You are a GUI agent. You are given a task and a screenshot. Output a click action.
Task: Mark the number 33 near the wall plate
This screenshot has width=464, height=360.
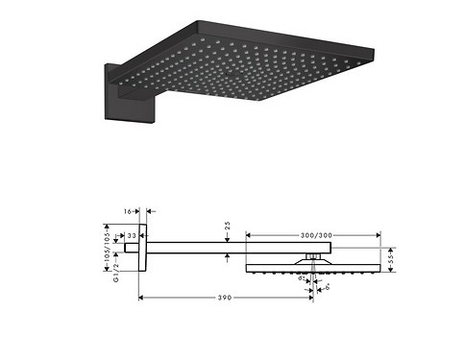132,234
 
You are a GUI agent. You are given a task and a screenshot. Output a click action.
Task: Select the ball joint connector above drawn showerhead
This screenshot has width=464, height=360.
313,255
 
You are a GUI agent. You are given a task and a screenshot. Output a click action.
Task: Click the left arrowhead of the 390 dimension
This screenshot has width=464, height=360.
143,299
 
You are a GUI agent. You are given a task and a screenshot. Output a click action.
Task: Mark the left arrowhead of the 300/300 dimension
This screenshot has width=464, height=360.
249,233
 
